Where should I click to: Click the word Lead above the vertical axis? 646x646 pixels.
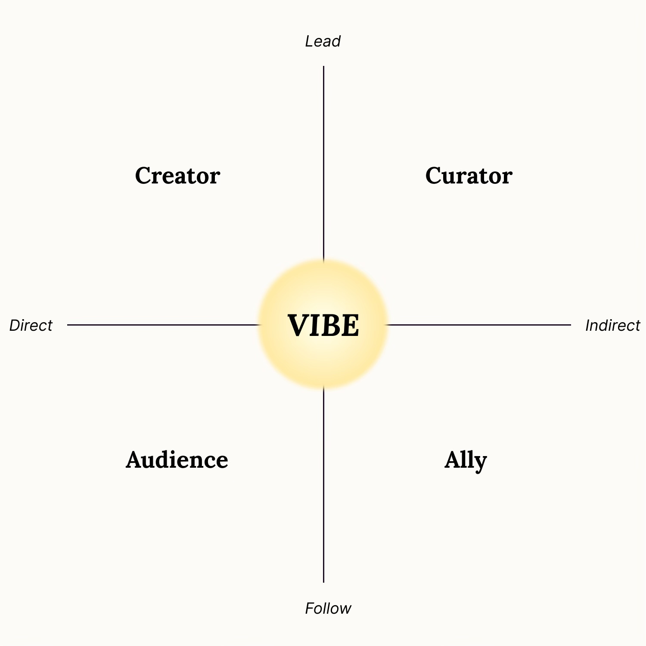point(323,41)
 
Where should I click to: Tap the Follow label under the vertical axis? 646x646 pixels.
point(328,609)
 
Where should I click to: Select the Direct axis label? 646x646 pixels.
point(31,326)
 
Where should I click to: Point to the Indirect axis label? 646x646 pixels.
point(612,326)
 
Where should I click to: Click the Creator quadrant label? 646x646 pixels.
point(177,176)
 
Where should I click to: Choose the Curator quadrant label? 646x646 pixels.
point(469,176)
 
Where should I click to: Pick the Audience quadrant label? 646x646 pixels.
point(177,460)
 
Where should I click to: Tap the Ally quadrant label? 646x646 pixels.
point(466,460)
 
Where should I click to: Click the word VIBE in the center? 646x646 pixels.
point(323,325)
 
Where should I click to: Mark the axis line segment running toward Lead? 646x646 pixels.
point(323,164)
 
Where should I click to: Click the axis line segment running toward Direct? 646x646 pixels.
point(164,325)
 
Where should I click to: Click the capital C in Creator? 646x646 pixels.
point(144,176)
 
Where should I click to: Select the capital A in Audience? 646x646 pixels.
point(134,460)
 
